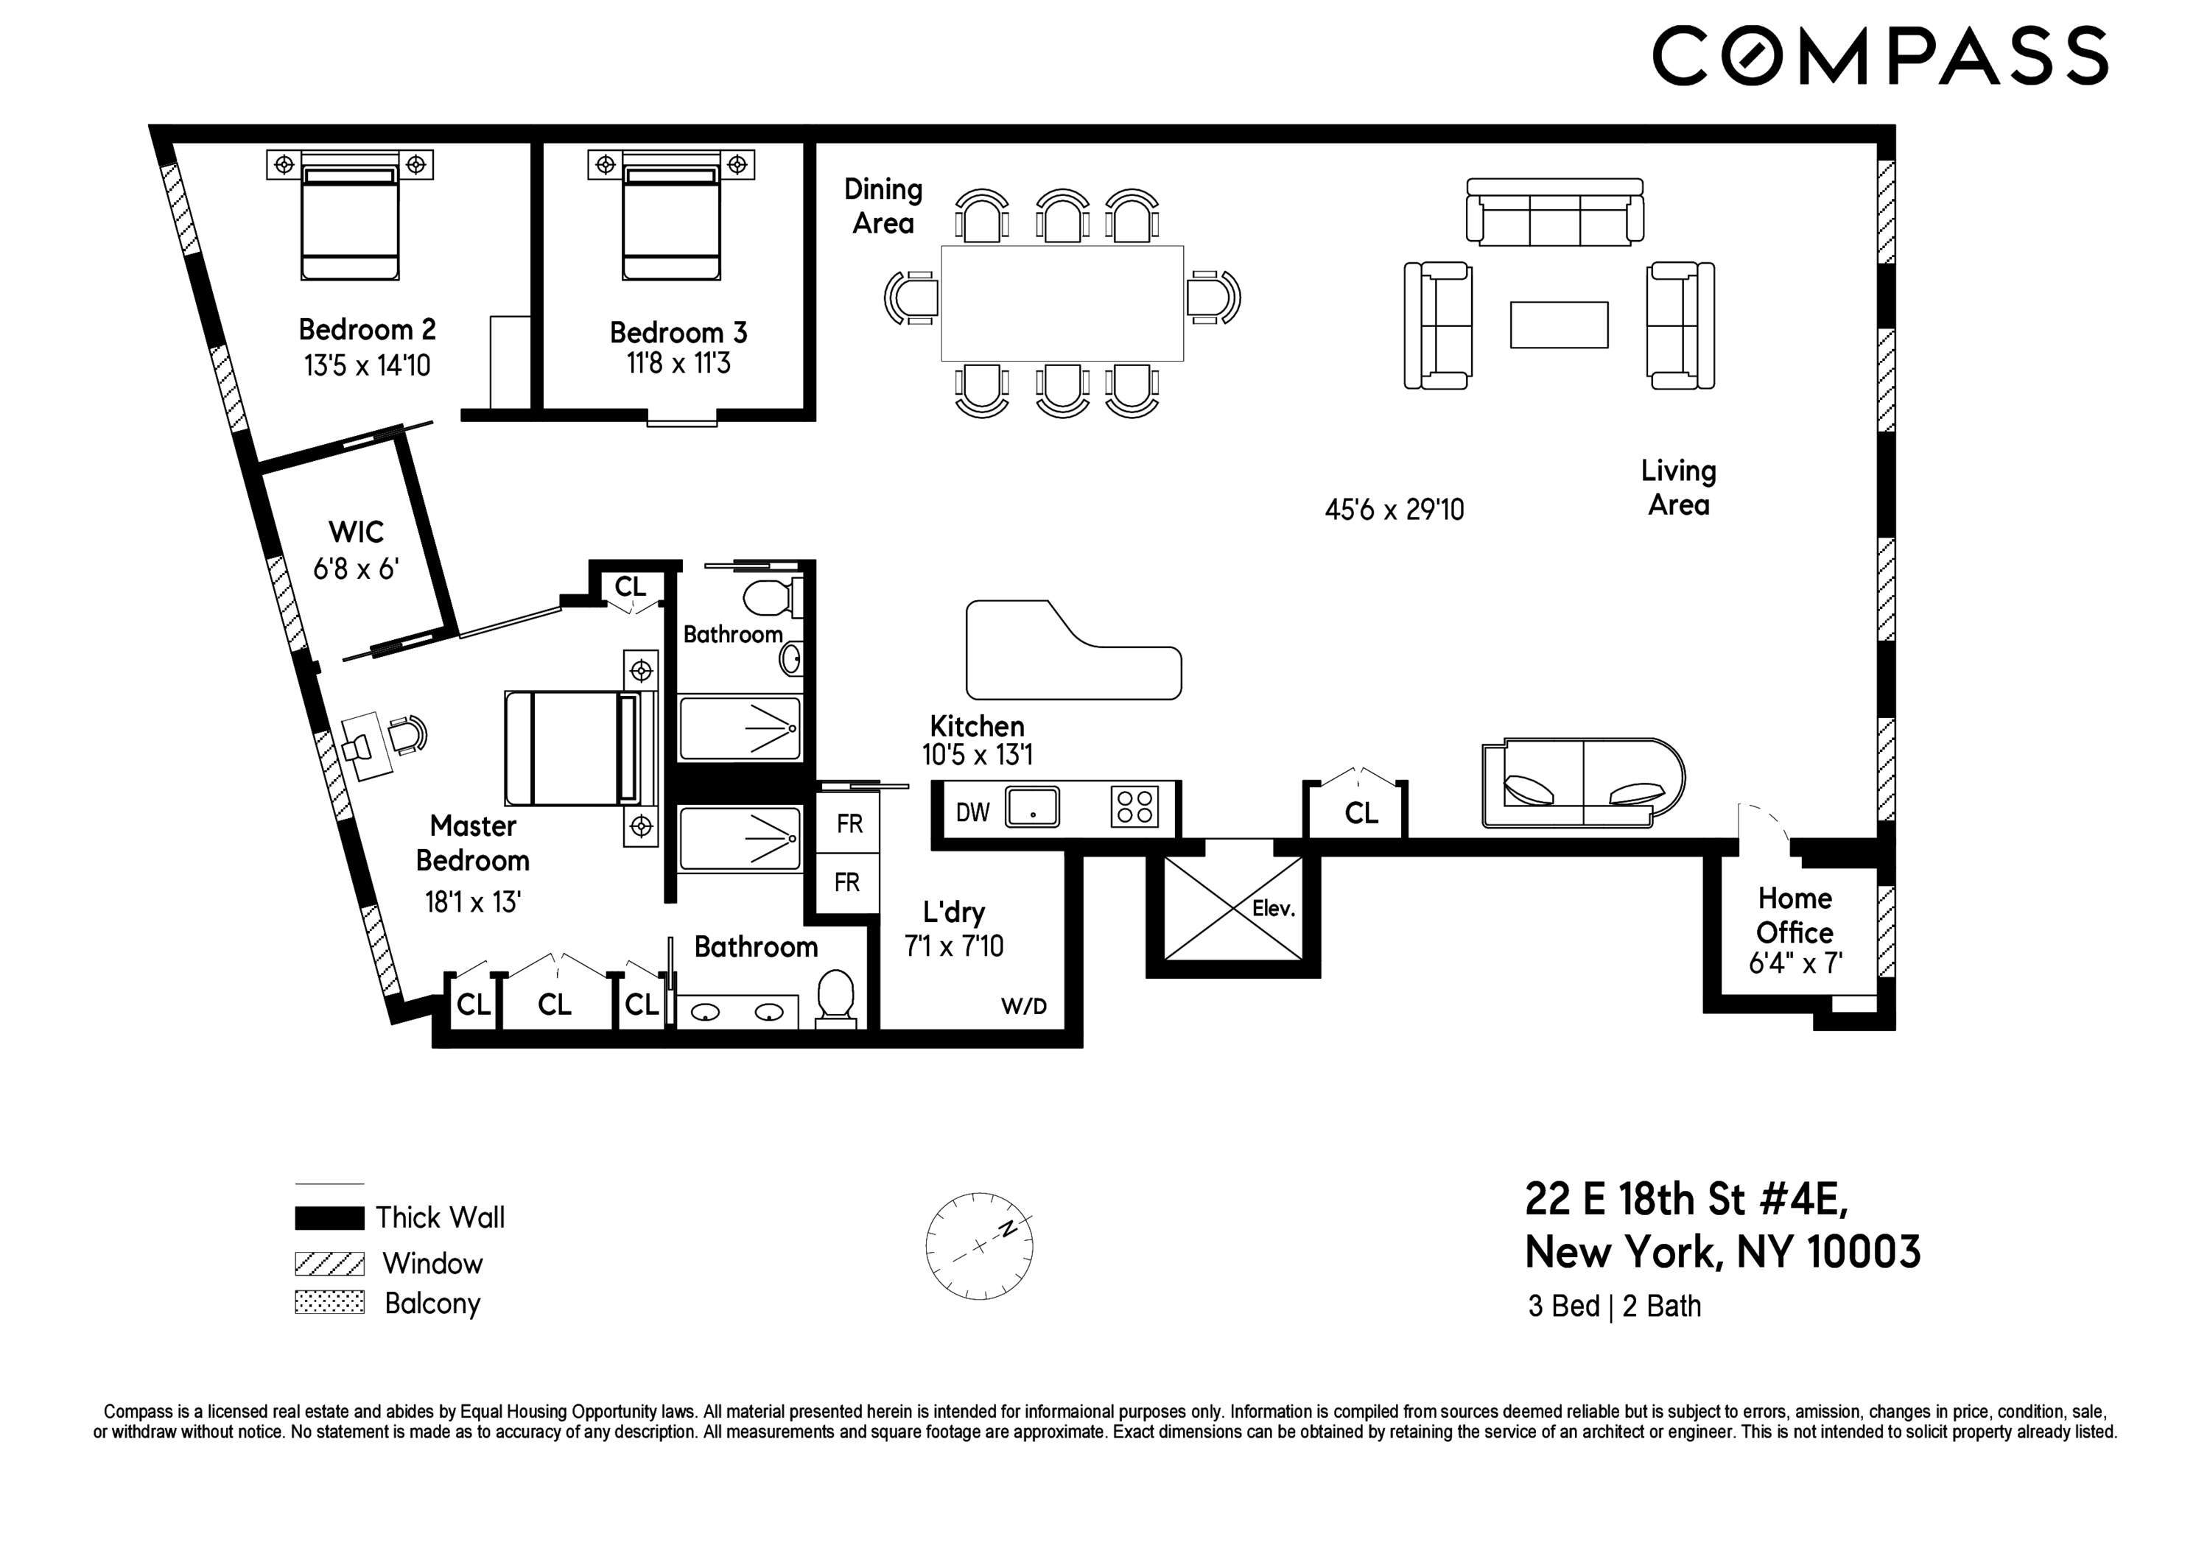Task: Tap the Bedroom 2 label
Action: (367, 329)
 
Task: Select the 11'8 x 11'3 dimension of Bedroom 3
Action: (678, 364)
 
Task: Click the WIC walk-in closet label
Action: (355, 531)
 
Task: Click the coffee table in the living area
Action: (1558, 324)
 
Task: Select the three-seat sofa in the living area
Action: (1554, 213)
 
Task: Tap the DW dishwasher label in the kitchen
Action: (972, 812)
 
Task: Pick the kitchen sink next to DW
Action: (1032, 806)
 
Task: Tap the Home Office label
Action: (1795, 915)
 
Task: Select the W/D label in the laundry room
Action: (1023, 1007)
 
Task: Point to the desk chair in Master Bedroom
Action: (408, 734)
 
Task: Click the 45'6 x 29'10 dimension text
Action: (1394, 509)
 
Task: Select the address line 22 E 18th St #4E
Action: (1686, 1199)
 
